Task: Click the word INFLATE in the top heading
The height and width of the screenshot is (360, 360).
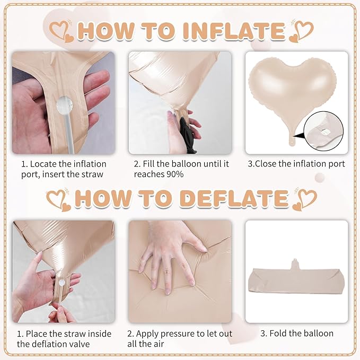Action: click(x=234, y=31)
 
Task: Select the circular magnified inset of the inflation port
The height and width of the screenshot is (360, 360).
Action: click(x=323, y=131)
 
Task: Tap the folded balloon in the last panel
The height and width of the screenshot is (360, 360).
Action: click(x=296, y=279)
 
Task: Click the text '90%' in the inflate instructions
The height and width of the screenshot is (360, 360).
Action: click(x=175, y=174)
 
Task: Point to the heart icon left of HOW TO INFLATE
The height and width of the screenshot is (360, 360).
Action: click(x=62, y=32)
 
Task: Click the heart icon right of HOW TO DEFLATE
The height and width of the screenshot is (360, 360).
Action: click(x=305, y=199)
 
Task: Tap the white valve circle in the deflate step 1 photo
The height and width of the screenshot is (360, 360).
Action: click(x=62, y=283)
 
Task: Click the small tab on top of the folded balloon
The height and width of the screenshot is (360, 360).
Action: click(x=295, y=264)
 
